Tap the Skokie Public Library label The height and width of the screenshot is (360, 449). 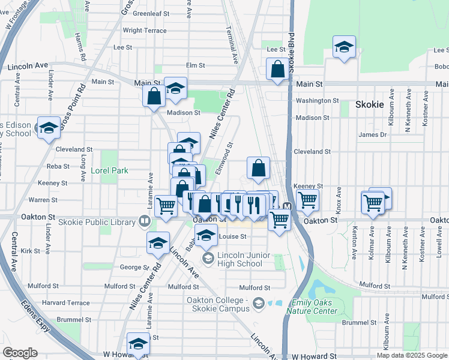point(98,222)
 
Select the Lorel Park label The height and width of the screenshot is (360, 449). point(109,170)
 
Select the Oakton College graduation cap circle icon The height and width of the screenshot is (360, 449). point(259,303)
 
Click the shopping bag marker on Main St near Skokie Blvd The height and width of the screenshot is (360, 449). point(278,69)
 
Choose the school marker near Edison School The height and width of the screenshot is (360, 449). point(49,128)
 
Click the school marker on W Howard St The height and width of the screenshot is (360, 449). point(139,344)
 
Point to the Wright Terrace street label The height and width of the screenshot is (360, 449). point(144,31)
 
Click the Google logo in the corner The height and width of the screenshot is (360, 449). point(20,353)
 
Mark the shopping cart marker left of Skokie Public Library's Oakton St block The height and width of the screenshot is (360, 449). point(166,206)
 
